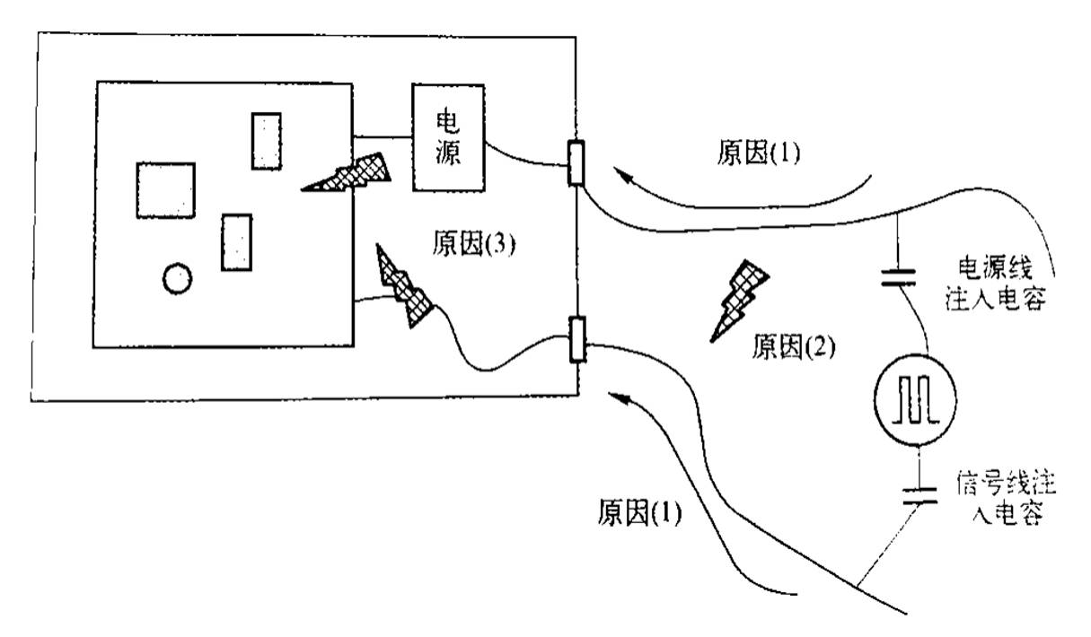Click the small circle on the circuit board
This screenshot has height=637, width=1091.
point(177,280)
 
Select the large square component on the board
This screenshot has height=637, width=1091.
point(165,190)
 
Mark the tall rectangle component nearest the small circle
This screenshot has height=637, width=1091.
point(236,241)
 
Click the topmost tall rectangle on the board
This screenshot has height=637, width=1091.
point(266,140)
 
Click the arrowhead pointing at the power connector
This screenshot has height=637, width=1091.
point(620,178)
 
